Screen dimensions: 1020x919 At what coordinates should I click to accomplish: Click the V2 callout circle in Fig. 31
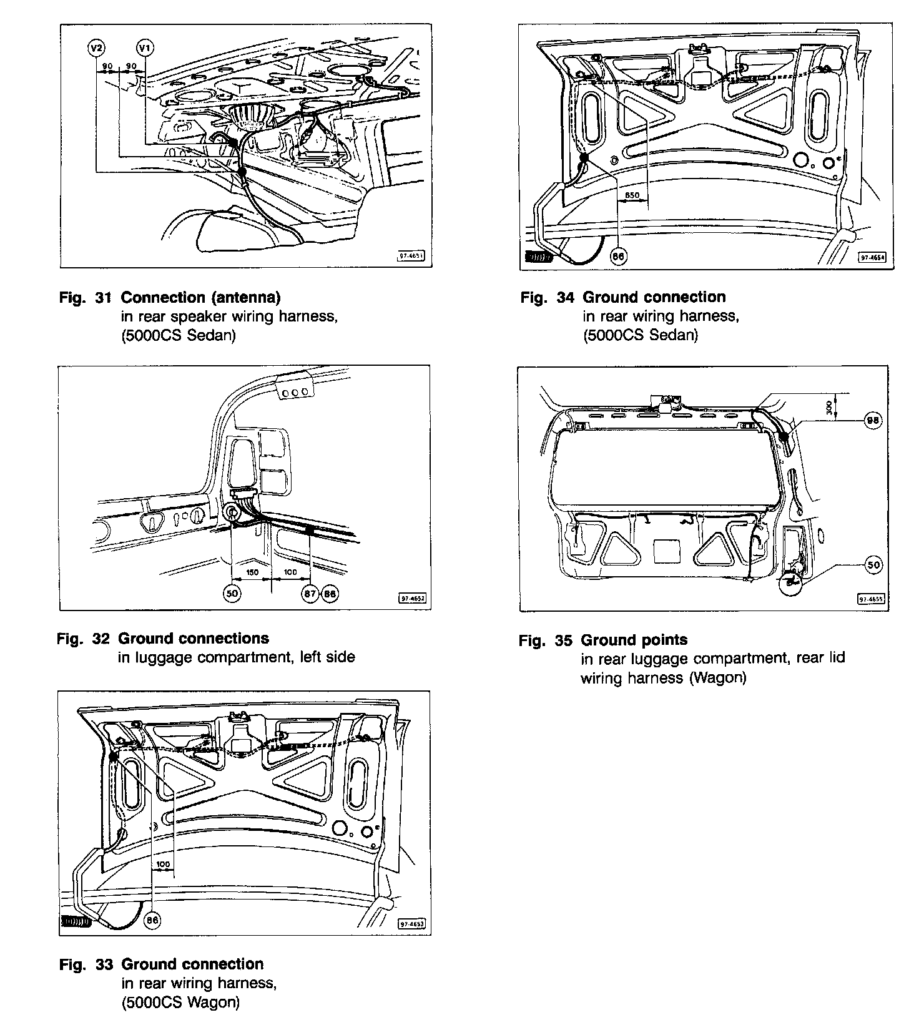[x=97, y=47]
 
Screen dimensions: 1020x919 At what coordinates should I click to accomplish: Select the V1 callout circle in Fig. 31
[x=144, y=47]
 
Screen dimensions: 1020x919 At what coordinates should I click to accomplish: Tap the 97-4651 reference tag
[x=411, y=255]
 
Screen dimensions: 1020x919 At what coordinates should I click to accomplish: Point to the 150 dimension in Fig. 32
[x=252, y=572]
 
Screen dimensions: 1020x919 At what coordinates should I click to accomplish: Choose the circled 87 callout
[x=311, y=594]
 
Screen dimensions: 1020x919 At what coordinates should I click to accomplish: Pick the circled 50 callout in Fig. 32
[x=232, y=594]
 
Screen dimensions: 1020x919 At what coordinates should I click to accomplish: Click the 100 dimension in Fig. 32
[x=290, y=572]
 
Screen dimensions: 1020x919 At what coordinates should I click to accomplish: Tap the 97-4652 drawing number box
[x=411, y=598]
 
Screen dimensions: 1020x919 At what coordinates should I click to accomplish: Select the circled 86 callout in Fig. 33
[x=152, y=919]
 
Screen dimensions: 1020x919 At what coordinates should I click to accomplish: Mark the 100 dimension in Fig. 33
[x=162, y=865]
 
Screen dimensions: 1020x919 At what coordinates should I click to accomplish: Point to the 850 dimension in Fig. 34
[x=632, y=195]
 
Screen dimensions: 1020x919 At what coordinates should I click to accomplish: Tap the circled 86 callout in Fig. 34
[x=618, y=256]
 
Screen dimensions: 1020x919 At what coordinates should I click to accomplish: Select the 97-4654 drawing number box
[x=873, y=257]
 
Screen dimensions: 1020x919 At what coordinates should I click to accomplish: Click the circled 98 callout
[x=873, y=421]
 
